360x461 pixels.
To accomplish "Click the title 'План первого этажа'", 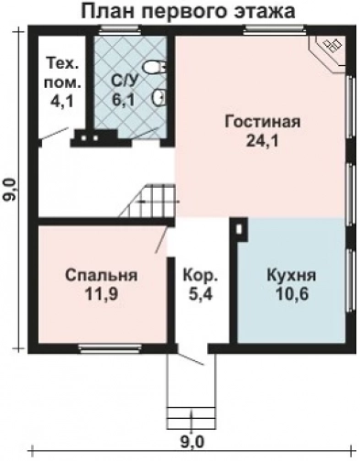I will click(x=188, y=13).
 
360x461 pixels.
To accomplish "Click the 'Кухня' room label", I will click(x=291, y=275).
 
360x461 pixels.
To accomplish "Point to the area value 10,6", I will click(x=291, y=294).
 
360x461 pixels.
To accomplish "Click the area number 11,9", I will click(x=102, y=294).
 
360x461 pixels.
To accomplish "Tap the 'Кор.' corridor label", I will click(x=200, y=275).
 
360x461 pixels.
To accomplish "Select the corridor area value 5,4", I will click(x=200, y=294).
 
